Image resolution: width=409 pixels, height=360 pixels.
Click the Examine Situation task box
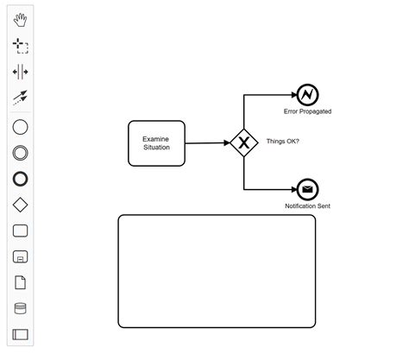[x=156, y=142]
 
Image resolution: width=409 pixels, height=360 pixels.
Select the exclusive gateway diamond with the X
[x=244, y=143]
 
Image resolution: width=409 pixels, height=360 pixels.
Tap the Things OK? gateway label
[x=283, y=142]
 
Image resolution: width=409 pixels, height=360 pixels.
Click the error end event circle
[x=307, y=95]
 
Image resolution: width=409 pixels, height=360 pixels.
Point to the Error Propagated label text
[x=307, y=112]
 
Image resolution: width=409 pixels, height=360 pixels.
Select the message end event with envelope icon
[x=307, y=189]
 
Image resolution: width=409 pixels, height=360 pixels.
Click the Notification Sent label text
[x=307, y=206]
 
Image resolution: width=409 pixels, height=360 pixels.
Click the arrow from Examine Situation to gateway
[x=207, y=143]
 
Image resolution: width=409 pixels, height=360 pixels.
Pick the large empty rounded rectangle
[x=217, y=271]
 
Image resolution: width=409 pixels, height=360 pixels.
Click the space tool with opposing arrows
[x=21, y=72]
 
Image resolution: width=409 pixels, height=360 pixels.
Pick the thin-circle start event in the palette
[x=21, y=127]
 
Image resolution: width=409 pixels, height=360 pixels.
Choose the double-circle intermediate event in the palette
[x=21, y=153]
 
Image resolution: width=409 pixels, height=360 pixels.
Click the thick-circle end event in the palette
[x=21, y=179]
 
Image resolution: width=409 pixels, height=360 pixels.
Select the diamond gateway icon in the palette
[x=21, y=205]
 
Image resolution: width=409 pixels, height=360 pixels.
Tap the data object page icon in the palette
[x=21, y=282]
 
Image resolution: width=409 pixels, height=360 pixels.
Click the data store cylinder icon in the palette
[x=21, y=308]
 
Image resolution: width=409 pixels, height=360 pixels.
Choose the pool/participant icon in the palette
[x=21, y=334]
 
